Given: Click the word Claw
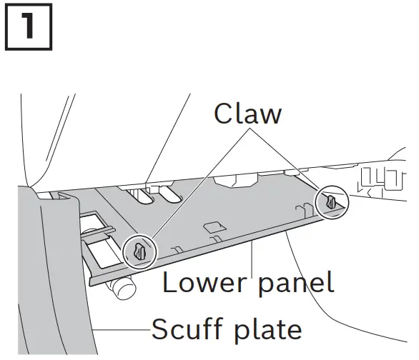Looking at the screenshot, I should [248, 113].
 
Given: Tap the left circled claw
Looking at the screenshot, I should [139, 251].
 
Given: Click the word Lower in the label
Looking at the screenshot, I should [203, 284].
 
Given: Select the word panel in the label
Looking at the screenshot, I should [294, 284].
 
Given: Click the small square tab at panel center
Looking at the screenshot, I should [213, 228].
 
